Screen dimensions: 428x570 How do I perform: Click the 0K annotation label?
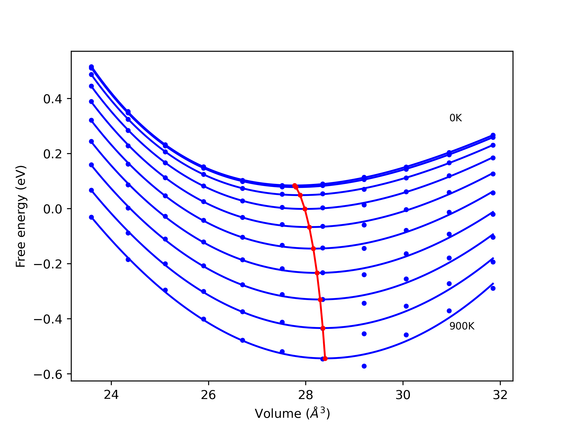pyautogui.click(x=455, y=118)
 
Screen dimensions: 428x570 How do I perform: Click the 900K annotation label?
pyautogui.click(x=462, y=326)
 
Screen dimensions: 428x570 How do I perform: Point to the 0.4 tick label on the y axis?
pyautogui.click(x=53, y=99)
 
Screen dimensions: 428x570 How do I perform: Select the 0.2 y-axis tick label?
pyautogui.click(x=53, y=154)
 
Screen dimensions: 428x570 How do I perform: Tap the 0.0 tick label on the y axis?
pyautogui.click(x=53, y=209)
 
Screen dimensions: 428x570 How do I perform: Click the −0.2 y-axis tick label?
pyautogui.click(x=48, y=264)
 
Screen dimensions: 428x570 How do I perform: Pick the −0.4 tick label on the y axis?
pyautogui.click(x=48, y=319)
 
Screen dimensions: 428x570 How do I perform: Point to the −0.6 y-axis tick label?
pyautogui.click(x=48, y=374)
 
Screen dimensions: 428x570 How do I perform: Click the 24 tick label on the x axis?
pyautogui.click(x=111, y=395)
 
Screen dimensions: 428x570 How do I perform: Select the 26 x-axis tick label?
pyautogui.click(x=208, y=395)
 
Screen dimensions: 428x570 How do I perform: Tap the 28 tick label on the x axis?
pyautogui.click(x=306, y=395)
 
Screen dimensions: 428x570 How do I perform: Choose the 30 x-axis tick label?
pyautogui.click(x=403, y=395)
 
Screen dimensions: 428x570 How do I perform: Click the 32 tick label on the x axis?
pyautogui.click(x=500, y=395)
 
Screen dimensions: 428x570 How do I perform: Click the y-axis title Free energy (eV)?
pyautogui.click(x=21, y=216)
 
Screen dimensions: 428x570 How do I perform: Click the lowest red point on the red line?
pyautogui.click(x=325, y=358)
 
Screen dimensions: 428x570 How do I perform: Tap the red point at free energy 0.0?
pyautogui.click(x=305, y=209)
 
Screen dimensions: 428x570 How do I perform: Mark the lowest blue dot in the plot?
pyautogui.click(x=364, y=366)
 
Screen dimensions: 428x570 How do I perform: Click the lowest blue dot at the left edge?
pyautogui.click(x=91, y=217)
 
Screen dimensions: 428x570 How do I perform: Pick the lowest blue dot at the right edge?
pyautogui.click(x=493, y=288)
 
